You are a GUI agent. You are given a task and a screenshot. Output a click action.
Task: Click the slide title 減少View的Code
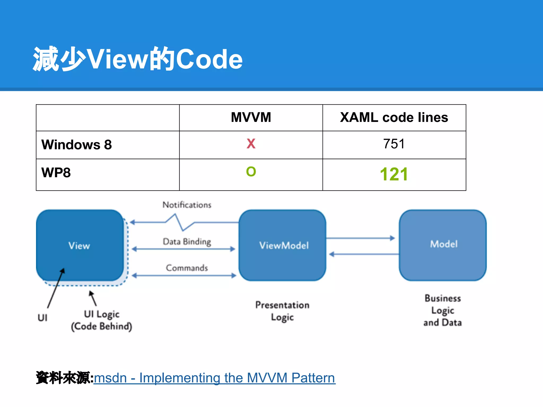[x=137, y=59]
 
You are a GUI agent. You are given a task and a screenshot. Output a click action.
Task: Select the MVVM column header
[x=251, y=117]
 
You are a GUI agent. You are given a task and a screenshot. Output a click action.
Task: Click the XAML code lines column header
[x=394, y=117]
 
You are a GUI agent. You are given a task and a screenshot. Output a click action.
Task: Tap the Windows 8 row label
[x=77, y=145]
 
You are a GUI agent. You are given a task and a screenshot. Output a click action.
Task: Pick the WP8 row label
[x=56, y=173]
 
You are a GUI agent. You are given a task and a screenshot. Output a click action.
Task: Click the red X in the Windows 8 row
[x=251, y=144]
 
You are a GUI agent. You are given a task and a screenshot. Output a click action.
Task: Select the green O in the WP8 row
[x=251, y=171]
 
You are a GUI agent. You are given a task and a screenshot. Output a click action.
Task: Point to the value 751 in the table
[x=394, y=144]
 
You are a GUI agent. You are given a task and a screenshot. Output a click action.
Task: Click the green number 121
[x=394, y=174]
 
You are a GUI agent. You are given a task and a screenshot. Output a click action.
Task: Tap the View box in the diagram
[x=79, y=245]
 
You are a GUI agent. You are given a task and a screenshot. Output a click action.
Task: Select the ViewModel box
[x=284, y=245]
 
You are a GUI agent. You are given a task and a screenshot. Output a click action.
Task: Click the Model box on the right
[x=444, y=244]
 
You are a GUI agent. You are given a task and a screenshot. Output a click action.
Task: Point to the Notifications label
[x=187, y=205]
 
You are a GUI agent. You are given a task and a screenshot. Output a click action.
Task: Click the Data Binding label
[x=187, y=241]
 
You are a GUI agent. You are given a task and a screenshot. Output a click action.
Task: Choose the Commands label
[x=187, y=268]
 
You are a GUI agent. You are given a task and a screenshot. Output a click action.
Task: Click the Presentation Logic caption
[x=282, y=311]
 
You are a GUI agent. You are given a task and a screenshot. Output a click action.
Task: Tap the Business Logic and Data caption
[x=443, y=310]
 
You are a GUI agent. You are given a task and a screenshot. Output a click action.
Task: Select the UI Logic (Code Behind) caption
[x=102, y=320]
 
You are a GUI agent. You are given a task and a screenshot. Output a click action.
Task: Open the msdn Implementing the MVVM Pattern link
[x=214, y=378]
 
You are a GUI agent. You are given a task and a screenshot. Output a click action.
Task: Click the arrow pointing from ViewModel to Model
[x=361, y=238]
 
